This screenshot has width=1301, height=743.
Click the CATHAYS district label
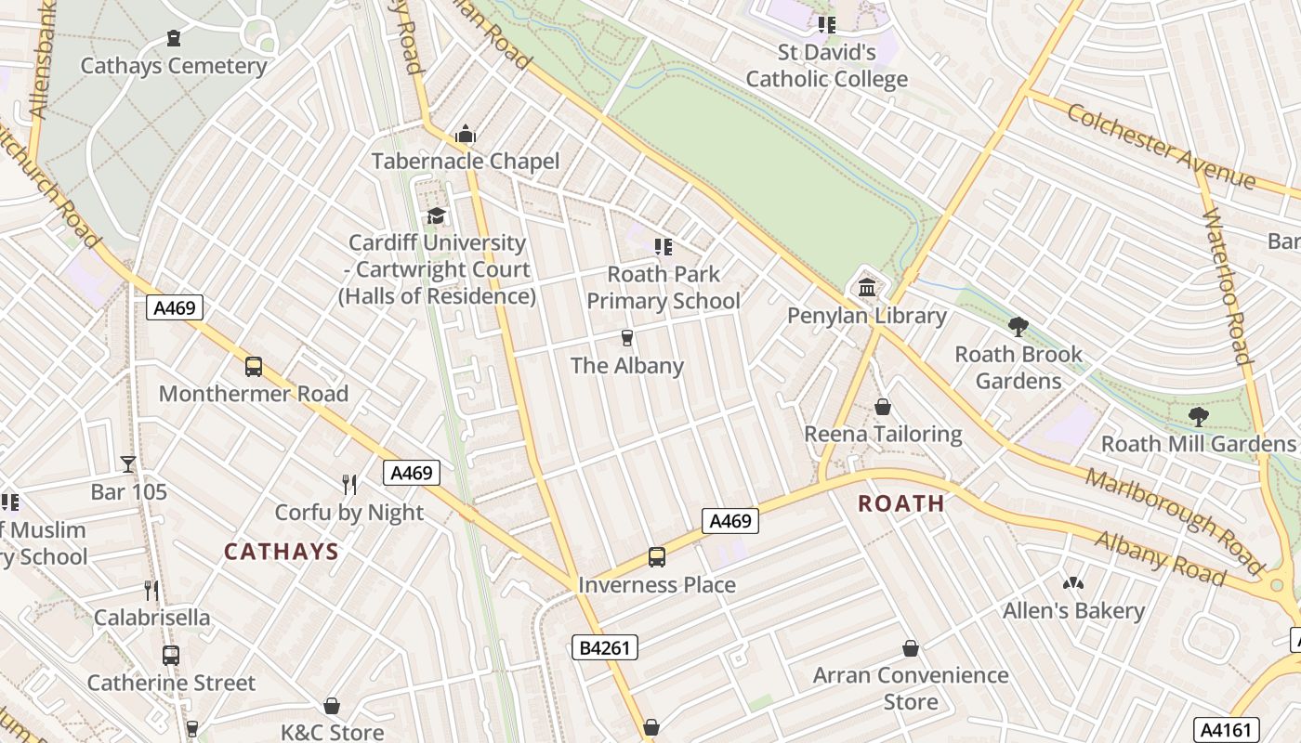(x=281, y=552)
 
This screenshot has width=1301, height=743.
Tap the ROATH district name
(x=900, y=503)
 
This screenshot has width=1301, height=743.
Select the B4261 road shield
(x=604, y=647)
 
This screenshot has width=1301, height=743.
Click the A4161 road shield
(x=1226, y=729)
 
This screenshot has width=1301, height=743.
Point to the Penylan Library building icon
(x=867, y=288)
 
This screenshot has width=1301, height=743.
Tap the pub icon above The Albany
(x=627, y=338)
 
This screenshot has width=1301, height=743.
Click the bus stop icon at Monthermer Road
(x=254, y=366)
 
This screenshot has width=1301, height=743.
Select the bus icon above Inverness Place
(x=656, y=557)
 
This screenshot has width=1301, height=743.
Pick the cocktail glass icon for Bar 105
(x=128, y=463)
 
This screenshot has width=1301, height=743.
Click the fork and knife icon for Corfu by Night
(x=349, y=484)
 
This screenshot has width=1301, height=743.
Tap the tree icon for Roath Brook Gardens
(x=1018, y=326)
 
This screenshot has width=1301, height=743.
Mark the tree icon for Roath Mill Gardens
(x=1199, y=416)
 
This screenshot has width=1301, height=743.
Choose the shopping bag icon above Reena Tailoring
(x=883, y=407)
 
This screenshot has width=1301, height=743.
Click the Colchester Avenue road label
(x=1161, y=148)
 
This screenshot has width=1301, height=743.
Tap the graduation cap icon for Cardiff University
(x=436, y=215)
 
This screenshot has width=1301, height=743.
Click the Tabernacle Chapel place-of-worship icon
(x=466, y=135)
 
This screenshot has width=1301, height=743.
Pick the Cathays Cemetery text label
(x=174, y=66)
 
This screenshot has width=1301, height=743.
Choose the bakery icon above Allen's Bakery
(x=1073, y=583)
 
